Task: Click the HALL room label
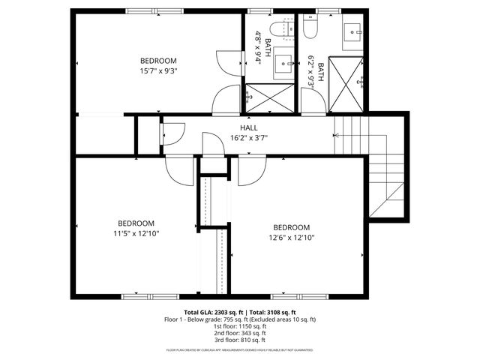(x=249, y=128)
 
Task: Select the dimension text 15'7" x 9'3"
(x=158, y=71)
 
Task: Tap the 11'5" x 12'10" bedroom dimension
(x=135, y=233)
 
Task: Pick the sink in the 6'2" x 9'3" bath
(x=355, y=32)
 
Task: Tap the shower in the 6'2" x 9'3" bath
(x=346, y=85)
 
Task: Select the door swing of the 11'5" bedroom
(x=180, y=171)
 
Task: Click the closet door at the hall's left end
(x=170, y=133)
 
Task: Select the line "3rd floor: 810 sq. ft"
(x=240, y=340)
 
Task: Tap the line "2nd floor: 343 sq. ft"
(x=240, y=333)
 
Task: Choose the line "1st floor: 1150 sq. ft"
(x=240, y=326)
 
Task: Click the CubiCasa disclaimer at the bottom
(x=240, y=350)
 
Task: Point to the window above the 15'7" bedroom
(x=147, y=10)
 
